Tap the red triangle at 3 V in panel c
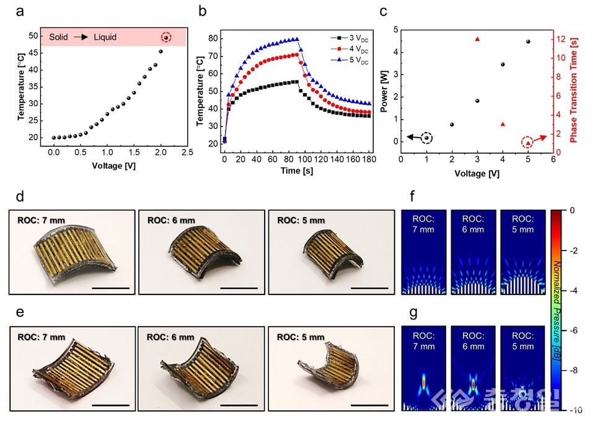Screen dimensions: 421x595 [x=477, y=39]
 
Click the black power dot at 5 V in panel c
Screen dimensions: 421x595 [x=528, y=42]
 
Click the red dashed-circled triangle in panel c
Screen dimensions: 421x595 [x=528, y=143]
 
